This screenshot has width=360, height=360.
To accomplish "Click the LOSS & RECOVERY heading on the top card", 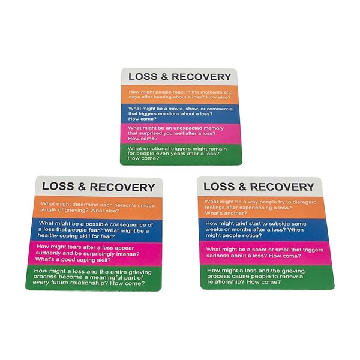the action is [179, 77].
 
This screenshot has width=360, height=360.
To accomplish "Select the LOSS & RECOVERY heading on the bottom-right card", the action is [257, 186].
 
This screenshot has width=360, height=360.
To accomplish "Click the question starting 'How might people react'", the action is [179, 92].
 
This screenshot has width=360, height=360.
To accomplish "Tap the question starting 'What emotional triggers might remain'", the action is [178, 152].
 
